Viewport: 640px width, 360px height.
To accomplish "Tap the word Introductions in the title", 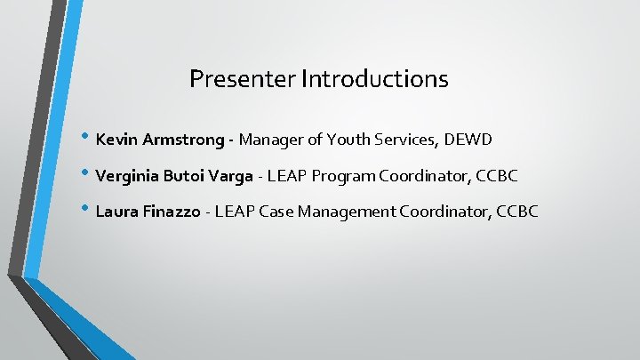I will [x=374, y=79].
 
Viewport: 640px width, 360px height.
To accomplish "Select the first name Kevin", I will [x=114, y=140].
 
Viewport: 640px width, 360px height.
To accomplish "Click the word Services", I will [x=409, y=140].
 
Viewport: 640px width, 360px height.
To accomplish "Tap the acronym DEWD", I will [x=469, y=140].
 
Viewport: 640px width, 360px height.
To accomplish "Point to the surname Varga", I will [x=231, y=176].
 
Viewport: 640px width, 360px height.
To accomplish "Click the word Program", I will [x=345, y=176].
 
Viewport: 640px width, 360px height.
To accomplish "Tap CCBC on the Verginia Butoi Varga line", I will [x=497, y=176].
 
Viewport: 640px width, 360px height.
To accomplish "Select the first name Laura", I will [x=114, y=212].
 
